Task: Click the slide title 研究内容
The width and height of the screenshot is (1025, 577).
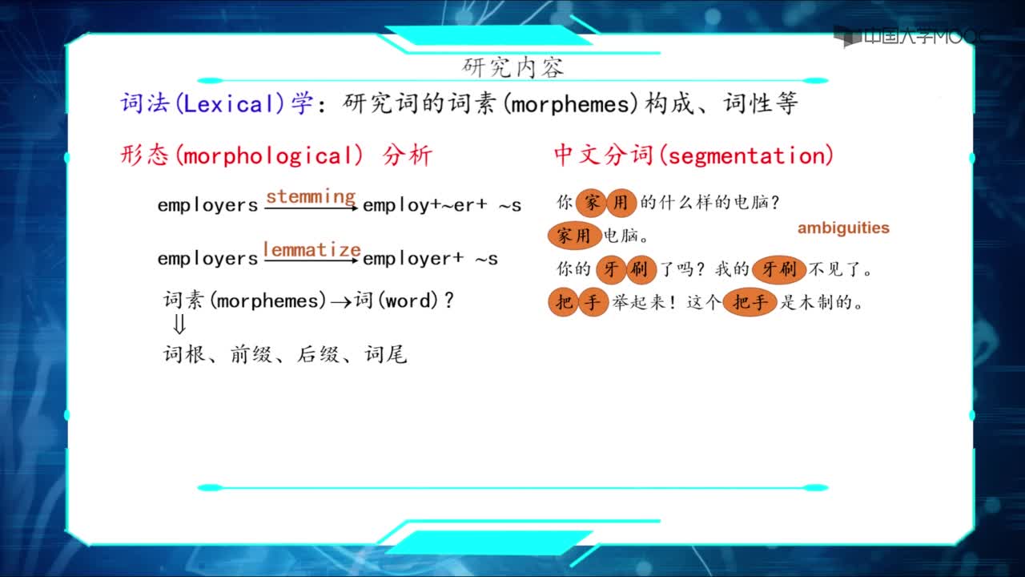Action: (512, 68)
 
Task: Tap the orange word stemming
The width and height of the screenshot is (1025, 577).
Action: (311, 196)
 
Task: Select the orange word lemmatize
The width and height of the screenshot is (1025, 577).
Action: (312, 249)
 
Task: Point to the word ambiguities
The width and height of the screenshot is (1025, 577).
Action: (843, 228)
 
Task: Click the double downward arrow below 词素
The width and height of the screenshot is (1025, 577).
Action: (179, 324)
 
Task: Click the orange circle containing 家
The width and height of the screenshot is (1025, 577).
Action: (591, 203)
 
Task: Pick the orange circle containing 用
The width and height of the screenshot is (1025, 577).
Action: (621, 203)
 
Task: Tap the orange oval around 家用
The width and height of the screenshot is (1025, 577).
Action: (574, 236)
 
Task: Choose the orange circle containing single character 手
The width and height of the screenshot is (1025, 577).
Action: (593, 302)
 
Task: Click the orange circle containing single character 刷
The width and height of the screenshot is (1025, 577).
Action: (641, 269)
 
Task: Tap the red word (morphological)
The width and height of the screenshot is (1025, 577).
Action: (269, 155)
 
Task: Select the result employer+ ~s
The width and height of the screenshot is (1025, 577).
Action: (430, 259)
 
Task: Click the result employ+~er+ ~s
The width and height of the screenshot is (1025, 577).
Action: (442, 205)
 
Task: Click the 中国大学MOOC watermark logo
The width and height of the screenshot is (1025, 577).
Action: (905, 36)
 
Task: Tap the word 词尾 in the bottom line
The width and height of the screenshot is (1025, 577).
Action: (386, 354)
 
